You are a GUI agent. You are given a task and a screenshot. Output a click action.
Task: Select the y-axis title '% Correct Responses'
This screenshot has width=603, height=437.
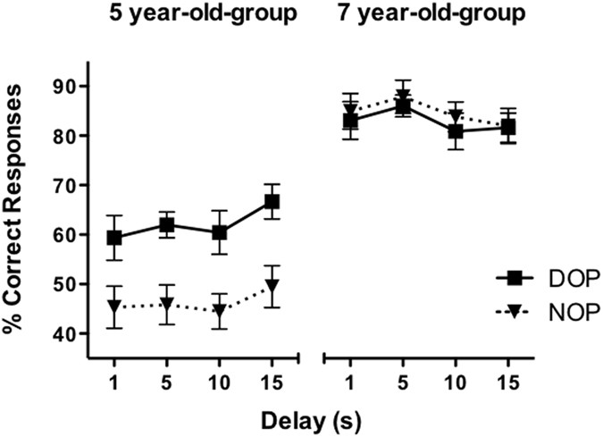click(x=15, y=212)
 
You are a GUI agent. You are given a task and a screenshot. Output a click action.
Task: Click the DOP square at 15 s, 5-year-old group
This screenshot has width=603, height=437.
click(x=272, y=202)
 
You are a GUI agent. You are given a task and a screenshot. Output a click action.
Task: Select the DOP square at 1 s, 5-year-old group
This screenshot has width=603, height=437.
click(x=114, y=238)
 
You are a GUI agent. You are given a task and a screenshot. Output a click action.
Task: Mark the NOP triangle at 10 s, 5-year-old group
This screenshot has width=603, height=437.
click(x=220, y=312)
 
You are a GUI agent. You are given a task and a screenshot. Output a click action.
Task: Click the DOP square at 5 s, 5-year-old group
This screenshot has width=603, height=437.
click(x=167, y=225)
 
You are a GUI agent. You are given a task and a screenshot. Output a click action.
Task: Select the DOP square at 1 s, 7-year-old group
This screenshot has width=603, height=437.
click(x=350, y=121)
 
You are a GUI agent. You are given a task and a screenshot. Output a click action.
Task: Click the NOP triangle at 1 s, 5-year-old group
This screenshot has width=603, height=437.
click(x=114, y=308)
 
